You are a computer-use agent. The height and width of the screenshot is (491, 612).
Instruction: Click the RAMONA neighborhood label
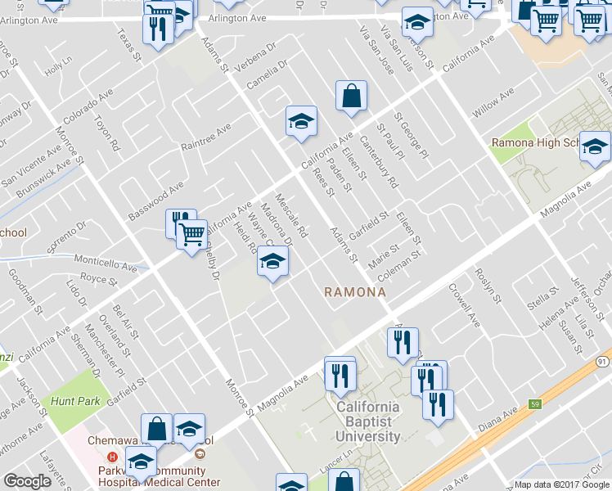coord(354,291)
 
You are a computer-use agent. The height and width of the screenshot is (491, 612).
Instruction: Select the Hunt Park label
coord(74,401)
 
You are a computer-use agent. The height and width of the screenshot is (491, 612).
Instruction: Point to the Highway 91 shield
coord(602,362)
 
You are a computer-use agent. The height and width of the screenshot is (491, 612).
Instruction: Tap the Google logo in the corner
coord(28,482)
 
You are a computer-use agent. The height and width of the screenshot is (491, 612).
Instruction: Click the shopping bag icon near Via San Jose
coord(351,96)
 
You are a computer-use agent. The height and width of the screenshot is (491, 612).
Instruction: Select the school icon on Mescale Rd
coord(272,262)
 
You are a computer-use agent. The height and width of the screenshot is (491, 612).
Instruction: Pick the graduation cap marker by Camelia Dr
coord(301,121)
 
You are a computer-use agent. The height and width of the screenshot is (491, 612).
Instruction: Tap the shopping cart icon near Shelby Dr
coord(191,234)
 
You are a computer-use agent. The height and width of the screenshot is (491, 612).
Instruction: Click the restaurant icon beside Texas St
coord(155,29)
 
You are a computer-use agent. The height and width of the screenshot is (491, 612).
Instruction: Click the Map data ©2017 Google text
coord(561,484)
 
